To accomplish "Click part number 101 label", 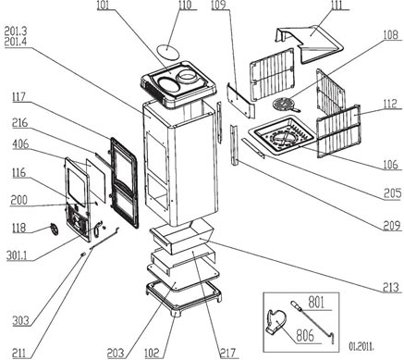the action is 104,6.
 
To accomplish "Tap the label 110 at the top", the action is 186,5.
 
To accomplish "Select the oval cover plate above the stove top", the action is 167,51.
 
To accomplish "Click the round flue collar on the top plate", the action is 188,76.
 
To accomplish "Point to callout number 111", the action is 338,5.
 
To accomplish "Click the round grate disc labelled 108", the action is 284,104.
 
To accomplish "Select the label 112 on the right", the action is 391,105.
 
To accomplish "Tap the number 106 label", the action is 391,165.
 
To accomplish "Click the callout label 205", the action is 393,193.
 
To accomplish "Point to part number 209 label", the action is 392,226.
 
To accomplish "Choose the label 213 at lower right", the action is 391,288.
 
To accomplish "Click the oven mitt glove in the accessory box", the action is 275,321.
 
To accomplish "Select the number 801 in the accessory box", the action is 316,303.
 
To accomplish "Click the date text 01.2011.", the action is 361,346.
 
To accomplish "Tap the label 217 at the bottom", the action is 227,354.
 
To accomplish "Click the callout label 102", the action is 152,354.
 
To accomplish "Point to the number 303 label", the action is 20,321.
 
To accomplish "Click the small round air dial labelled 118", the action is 54,230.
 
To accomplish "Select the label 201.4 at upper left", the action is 16,41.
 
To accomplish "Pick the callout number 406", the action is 20,143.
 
